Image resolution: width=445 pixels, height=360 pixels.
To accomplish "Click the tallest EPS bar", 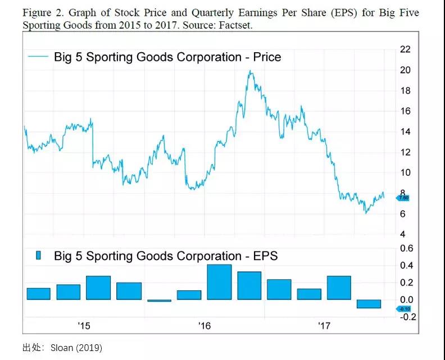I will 219,282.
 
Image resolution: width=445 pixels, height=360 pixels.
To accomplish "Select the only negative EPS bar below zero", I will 369,304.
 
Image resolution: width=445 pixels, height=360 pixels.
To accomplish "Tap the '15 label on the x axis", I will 84,326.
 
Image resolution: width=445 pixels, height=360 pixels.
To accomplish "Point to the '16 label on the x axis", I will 204,326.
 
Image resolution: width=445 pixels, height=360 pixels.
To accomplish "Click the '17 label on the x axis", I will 324,326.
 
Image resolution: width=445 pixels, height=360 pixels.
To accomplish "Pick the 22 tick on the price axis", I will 405,49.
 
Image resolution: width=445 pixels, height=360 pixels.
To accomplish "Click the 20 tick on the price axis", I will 405,70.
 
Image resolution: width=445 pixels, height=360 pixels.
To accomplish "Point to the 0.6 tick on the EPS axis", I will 406,248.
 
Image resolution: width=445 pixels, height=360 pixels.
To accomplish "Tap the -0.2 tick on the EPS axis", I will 407,317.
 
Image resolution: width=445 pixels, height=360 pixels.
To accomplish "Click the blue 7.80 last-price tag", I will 403,198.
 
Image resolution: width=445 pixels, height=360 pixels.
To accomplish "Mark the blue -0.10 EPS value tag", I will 404,308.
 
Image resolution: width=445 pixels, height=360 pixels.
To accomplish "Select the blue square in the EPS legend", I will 39,256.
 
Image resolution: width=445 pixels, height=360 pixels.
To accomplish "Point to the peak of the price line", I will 249,71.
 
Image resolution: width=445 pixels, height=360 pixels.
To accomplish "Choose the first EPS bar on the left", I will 38,294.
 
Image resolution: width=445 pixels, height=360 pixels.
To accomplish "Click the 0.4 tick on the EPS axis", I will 406,266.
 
